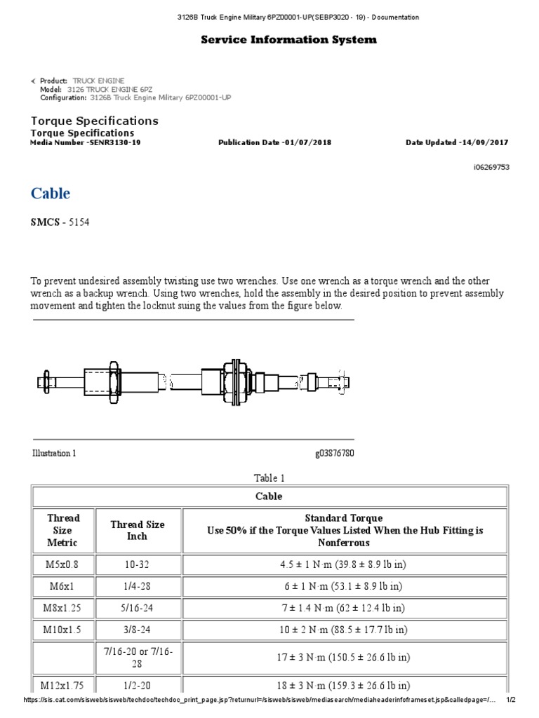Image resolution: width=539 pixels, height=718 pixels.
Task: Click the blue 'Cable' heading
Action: coord(51,194)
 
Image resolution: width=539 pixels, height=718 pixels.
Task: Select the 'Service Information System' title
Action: coord(288,40)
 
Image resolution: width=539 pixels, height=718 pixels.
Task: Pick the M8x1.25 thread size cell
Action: coord(62,608)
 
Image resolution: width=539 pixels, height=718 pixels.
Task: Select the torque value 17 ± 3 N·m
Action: coord(343,658)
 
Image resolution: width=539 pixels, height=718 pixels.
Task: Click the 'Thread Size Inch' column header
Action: coord(137,530)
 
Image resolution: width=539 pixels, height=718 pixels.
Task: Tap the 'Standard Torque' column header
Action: coord(344,518)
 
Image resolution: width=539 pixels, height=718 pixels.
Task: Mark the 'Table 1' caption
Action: coord(269,478)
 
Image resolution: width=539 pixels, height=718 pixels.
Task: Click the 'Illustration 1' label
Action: coord(54,453)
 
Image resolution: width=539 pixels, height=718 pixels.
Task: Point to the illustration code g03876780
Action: coord(335,453)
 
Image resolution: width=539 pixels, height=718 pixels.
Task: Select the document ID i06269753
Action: coord(491,167)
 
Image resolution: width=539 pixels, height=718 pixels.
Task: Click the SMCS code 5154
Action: coord(79,222)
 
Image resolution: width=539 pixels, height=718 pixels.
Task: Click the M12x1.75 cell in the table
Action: coord(62,686)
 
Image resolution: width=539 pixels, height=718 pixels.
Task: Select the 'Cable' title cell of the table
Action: coord(269,496)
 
